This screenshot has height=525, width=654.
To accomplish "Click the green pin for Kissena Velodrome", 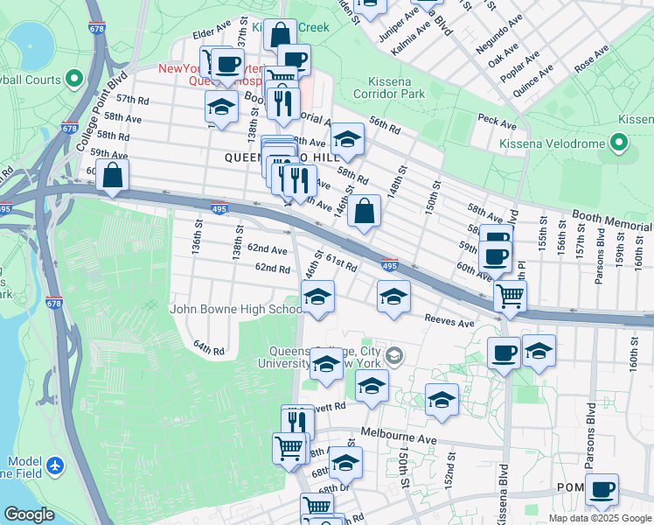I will click(620, 142).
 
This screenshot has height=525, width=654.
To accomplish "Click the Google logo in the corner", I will click(29, 514).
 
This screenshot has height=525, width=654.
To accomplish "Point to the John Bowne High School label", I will click(236, 309).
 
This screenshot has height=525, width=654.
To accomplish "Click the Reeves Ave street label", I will click(449, 321).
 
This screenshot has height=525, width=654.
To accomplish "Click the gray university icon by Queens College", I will click(395, 354).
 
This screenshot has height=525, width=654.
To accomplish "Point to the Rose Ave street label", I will click(590, 60).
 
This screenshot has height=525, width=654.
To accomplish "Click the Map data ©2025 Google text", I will click(600, 518).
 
